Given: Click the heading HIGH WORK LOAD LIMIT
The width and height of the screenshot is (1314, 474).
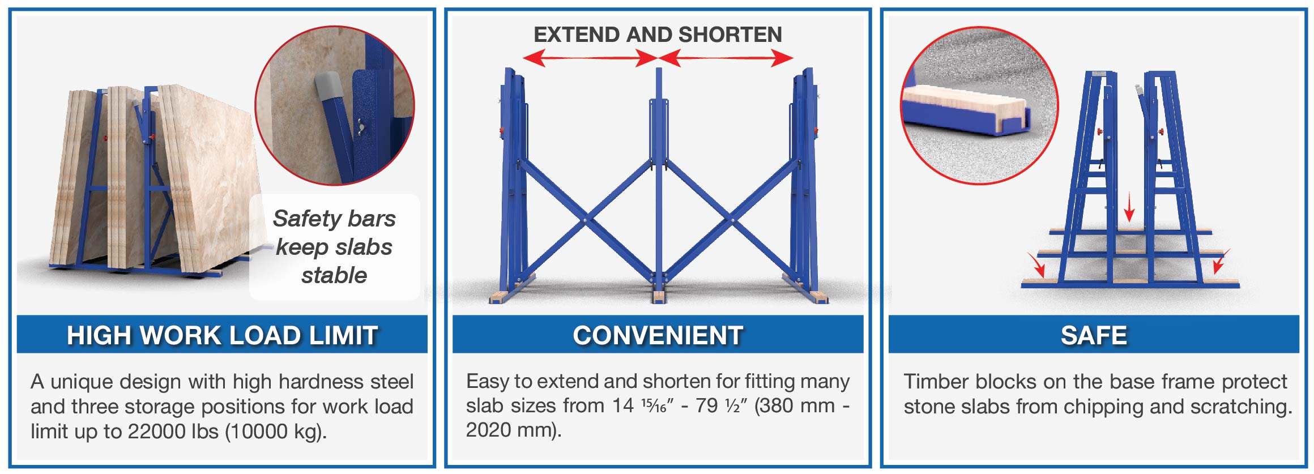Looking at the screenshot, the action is coord(222,335).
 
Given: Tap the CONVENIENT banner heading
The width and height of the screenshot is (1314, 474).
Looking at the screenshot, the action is coord(658,335).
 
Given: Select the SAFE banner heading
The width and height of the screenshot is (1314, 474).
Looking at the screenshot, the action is coord(1094,335).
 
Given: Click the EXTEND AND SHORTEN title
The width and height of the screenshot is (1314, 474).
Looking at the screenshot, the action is coord(658,35).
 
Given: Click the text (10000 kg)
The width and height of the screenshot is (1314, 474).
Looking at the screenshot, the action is coord(276,432).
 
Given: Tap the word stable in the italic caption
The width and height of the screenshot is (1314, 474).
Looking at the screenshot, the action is coord(334,275).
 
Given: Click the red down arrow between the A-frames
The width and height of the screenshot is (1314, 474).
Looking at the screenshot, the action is coord(1129,207).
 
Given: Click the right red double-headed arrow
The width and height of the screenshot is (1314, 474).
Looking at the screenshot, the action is coord(726,58).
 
